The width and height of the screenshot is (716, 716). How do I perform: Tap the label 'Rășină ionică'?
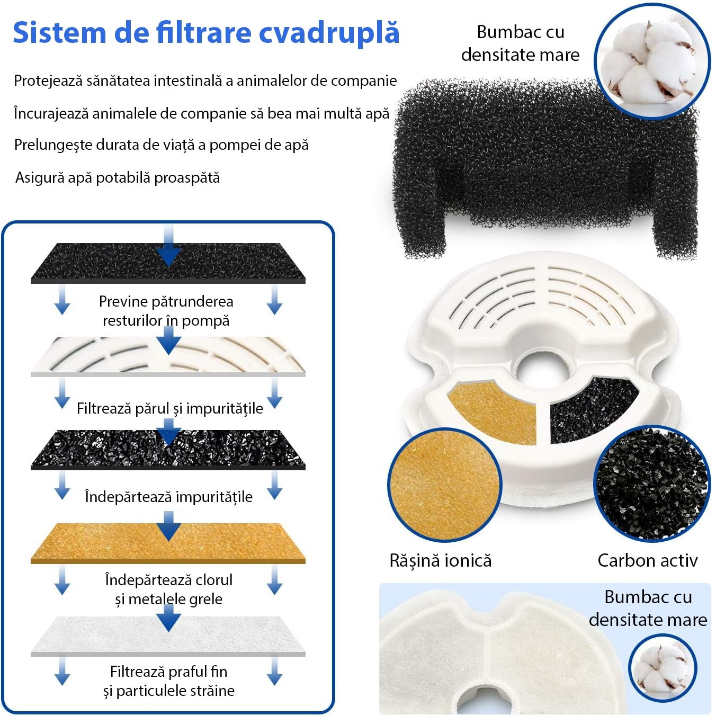pos(440,560)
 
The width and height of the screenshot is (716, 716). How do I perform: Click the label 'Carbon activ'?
pos(647,560)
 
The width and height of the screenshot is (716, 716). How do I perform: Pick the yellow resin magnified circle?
pos(445,485)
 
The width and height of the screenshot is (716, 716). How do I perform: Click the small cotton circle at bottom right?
pos(663,668)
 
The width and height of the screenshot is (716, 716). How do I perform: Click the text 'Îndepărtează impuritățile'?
pos(168,497)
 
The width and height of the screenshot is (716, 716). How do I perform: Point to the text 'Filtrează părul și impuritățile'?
pos(169,408)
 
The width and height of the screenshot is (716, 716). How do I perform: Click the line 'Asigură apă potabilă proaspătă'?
pos(117,177)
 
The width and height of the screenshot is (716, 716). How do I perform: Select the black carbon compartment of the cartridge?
pos(590,408)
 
